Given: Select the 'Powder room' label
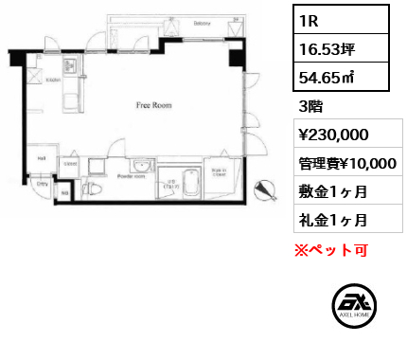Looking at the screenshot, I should click(131, 176).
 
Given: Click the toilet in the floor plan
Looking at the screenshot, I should click(93, 189).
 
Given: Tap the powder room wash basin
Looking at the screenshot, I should click(141, 162).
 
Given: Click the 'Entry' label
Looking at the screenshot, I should click(43, 186).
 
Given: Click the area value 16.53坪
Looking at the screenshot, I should click(321, 45).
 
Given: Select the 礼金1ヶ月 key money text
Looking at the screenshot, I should click(327, 220).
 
